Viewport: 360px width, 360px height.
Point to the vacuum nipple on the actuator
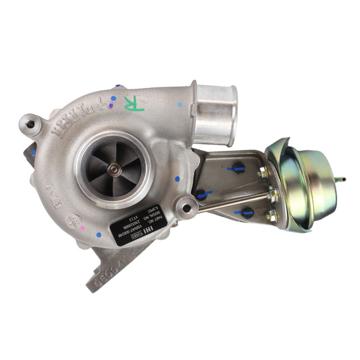[342, 179]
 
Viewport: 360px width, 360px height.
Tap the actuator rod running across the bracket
[234, 202]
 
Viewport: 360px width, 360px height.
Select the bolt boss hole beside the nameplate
[185, 207]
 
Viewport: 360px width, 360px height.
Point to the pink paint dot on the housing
[82, 229]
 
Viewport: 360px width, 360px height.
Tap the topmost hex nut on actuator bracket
[261, 173]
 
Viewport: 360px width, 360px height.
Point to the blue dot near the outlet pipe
[180, 104]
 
